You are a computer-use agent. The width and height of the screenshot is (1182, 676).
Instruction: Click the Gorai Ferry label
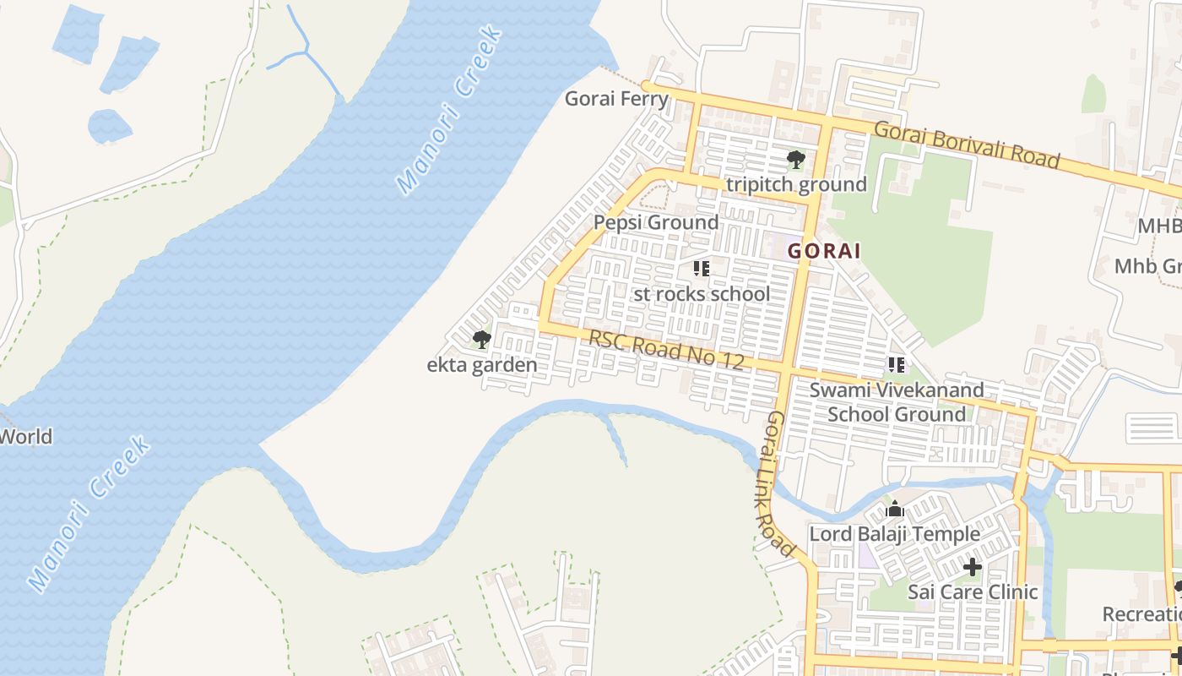click(616, 99)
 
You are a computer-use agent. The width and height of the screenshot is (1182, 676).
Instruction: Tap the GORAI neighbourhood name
click(824, 251)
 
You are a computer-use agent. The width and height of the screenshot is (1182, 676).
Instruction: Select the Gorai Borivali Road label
click(966, 144)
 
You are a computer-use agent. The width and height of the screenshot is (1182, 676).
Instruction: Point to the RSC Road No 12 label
click(666, 350)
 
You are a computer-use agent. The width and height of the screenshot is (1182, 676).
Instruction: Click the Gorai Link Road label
click(782, 484)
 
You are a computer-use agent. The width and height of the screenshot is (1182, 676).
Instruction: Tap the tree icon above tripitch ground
click(795, 159)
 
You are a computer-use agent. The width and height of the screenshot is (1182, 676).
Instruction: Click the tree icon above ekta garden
click(481, 340)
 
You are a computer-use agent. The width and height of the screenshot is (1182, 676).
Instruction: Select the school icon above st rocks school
click(701, 269)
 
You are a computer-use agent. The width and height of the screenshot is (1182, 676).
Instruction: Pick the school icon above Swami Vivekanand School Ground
click(896, 365)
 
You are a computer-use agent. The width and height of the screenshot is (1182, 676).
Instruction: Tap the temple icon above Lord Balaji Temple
click(895, 510)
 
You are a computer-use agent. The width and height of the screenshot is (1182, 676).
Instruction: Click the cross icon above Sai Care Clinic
click(973, 567)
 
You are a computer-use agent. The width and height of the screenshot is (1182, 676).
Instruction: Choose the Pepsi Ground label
click(656, 222)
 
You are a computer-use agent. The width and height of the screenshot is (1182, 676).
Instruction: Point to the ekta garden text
click(481, 365)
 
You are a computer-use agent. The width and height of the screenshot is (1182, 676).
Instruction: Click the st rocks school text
click(702, 294)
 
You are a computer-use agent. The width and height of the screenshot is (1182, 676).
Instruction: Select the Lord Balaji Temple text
click(894, 534)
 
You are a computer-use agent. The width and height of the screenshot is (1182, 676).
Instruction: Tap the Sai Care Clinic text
click(973, 591)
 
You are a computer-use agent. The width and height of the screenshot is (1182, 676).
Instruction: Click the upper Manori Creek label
click(449, 109)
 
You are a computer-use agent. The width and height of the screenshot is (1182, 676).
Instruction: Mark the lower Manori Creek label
click(89, 513)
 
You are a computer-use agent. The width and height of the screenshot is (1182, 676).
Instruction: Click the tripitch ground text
click(796, 184)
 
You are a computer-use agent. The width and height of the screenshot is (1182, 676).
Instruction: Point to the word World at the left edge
click(25, 437)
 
